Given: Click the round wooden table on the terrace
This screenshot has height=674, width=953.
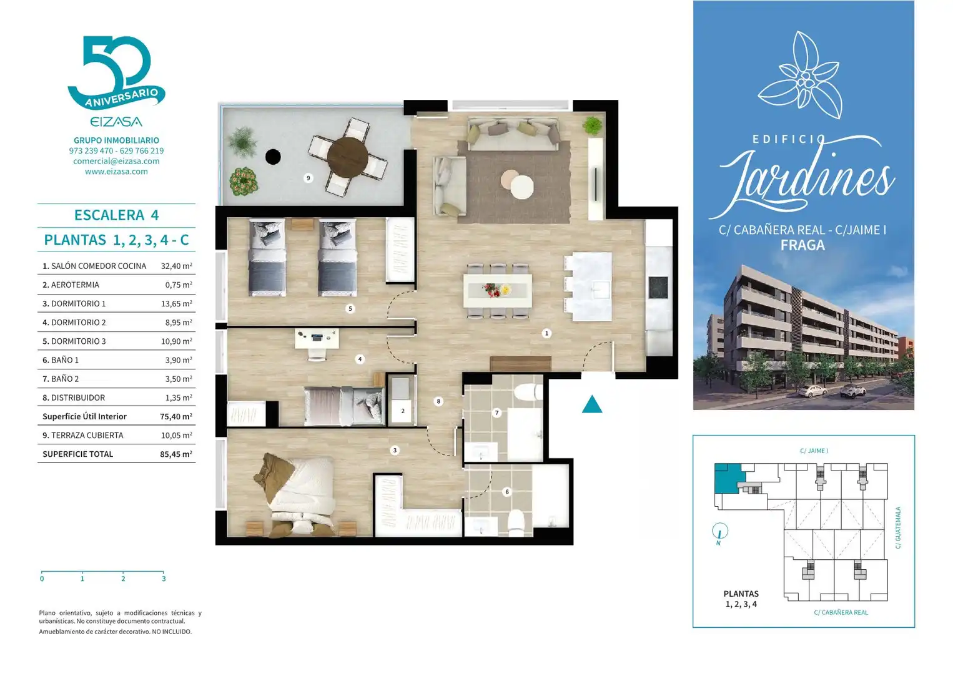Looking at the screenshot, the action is click(x=348, y=158).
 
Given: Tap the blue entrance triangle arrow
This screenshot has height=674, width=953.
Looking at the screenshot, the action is click(x=592, y=404).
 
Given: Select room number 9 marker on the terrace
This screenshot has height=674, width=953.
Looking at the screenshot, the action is click(x=309, y=178).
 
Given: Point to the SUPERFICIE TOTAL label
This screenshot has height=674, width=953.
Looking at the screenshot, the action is click(x=78, y=454).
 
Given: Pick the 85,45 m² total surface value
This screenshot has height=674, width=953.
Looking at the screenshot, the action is click(x=176, y=454).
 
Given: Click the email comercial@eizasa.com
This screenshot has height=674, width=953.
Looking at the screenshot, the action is click(x=116, y=161).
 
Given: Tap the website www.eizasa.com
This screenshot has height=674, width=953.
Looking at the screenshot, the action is click(x=116, y=172).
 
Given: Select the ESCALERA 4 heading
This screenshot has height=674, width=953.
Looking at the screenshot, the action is click(x=116, y=215).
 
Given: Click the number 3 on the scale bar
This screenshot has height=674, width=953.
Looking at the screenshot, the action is click(x=164, y=579).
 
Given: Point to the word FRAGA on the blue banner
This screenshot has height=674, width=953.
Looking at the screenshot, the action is click(x=802, y=245).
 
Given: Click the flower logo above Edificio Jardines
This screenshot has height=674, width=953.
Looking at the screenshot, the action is click(x=800, y=74).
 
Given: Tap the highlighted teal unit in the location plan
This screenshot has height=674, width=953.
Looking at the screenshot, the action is click(x=728, y=478).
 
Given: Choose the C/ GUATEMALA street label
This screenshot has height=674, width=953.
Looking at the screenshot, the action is click(x=897, y=528).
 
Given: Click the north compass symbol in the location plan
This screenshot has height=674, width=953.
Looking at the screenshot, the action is click(x=720, y=532).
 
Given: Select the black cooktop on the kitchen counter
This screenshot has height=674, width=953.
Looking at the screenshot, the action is click(x=658, y=288).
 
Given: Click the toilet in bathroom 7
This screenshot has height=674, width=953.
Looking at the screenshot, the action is click(x=528, y=392).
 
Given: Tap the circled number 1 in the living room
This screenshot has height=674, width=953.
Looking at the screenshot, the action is click(x=546, y=333).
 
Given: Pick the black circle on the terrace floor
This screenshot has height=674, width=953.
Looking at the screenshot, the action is click(x=273, y=157).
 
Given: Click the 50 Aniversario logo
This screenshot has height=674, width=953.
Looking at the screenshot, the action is click(x=116, y=72).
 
